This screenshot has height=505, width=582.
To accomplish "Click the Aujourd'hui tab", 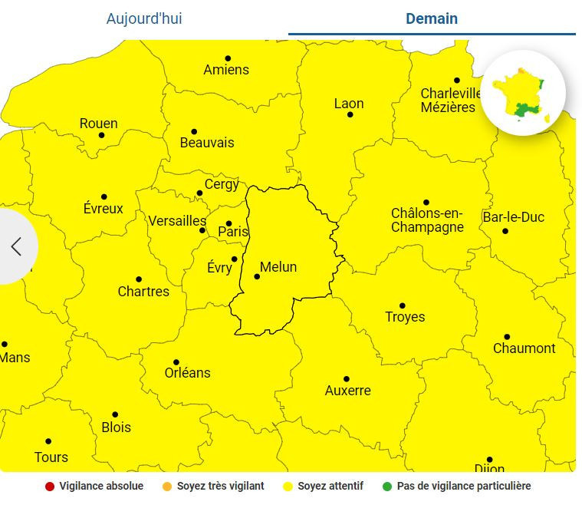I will click(144, 18).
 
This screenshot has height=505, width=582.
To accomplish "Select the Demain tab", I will click(432, 18).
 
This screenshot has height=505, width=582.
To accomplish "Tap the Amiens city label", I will click(226, 70).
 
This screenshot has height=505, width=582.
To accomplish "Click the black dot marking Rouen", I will click(101, 135).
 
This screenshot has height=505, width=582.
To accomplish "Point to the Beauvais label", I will click(207, 143).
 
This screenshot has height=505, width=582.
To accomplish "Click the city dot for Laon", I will click(350, 114).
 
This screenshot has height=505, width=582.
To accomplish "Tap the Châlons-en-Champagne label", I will click(427, 219).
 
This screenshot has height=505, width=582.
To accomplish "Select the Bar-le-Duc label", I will click(513, 217).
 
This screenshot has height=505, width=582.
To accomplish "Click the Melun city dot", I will click(257, 276).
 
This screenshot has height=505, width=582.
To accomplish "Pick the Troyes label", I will click(405, 317).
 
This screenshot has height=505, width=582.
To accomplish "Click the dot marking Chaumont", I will click(507, 337).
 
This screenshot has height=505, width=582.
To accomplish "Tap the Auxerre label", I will click(347, 391).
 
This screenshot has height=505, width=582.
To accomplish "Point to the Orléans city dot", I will click(176, 362).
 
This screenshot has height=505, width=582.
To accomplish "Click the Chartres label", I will click(143, 292).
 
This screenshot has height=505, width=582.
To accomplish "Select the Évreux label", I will click(104, 209).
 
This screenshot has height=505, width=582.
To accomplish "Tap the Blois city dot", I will click(115, 414).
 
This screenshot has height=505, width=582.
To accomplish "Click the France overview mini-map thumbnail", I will click(523, 94).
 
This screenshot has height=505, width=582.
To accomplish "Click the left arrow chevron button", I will click(16, 246).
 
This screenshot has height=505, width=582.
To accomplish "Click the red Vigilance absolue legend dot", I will click(50, 486).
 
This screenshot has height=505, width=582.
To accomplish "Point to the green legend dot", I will click(387, 486).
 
